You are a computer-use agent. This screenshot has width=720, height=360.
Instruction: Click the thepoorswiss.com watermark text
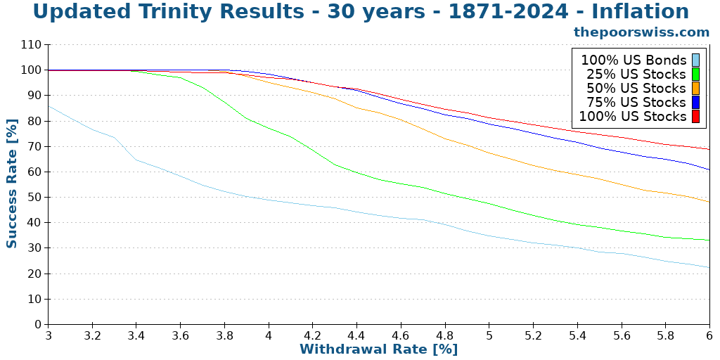tap(641, 32)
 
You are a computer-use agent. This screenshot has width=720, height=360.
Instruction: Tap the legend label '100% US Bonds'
tap(633, 60)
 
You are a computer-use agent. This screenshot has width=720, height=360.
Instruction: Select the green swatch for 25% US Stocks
tap(695, 74)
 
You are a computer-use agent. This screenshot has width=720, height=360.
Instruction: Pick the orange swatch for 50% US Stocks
tap(695, 88)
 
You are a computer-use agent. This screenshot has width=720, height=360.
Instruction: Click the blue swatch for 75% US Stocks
tap(695, 102)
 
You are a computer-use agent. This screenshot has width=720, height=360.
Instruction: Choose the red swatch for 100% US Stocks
tap(695, 116)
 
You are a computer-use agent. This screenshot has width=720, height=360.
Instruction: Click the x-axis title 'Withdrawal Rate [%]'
tap(378, 349)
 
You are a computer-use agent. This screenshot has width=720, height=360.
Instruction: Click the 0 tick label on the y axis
tap(38, 325)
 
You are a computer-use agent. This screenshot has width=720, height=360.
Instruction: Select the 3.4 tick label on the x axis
tap(136, 336)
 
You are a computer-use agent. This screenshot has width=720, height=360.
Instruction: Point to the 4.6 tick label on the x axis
tap(401, 336)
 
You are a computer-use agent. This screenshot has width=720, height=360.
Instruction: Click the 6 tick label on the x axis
tap(709, 336)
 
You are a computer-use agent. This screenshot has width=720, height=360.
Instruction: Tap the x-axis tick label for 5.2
tap(533, 336)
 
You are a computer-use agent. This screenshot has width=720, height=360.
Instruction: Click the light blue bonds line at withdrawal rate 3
tap(49, 106)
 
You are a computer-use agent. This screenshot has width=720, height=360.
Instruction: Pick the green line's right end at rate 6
tap(709, 240)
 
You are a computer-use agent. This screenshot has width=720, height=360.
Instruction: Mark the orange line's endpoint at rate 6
tap(709, 202)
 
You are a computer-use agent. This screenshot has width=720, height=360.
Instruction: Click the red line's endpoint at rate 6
tap(709, 149)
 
